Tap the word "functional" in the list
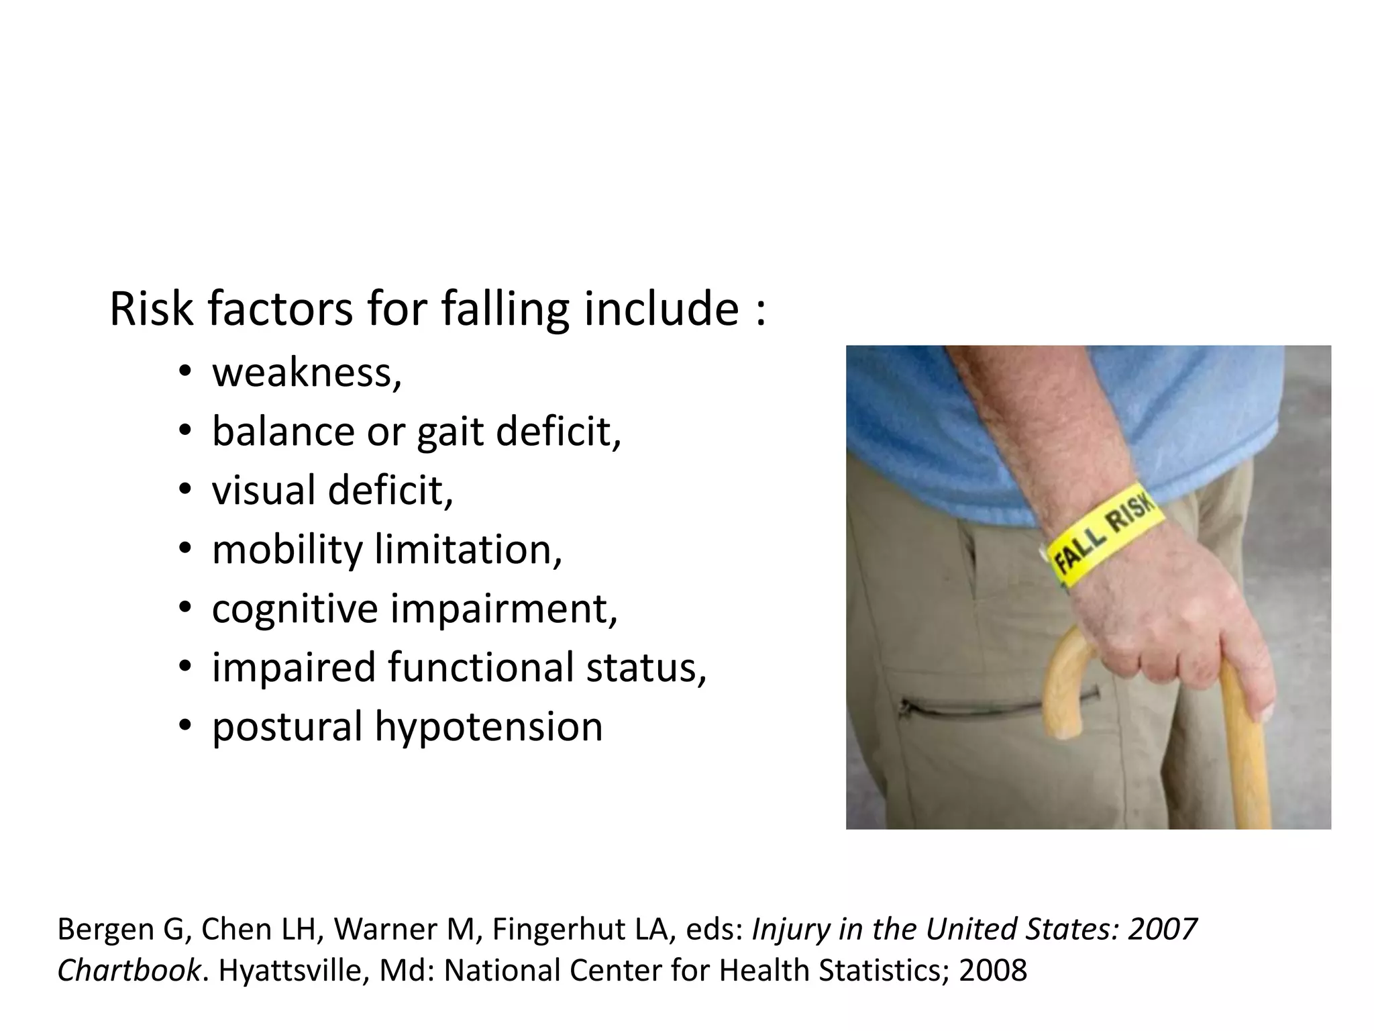(480, 667)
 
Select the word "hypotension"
(488, 726)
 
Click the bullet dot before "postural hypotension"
(185, 726)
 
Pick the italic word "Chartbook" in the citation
(128, 971)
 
